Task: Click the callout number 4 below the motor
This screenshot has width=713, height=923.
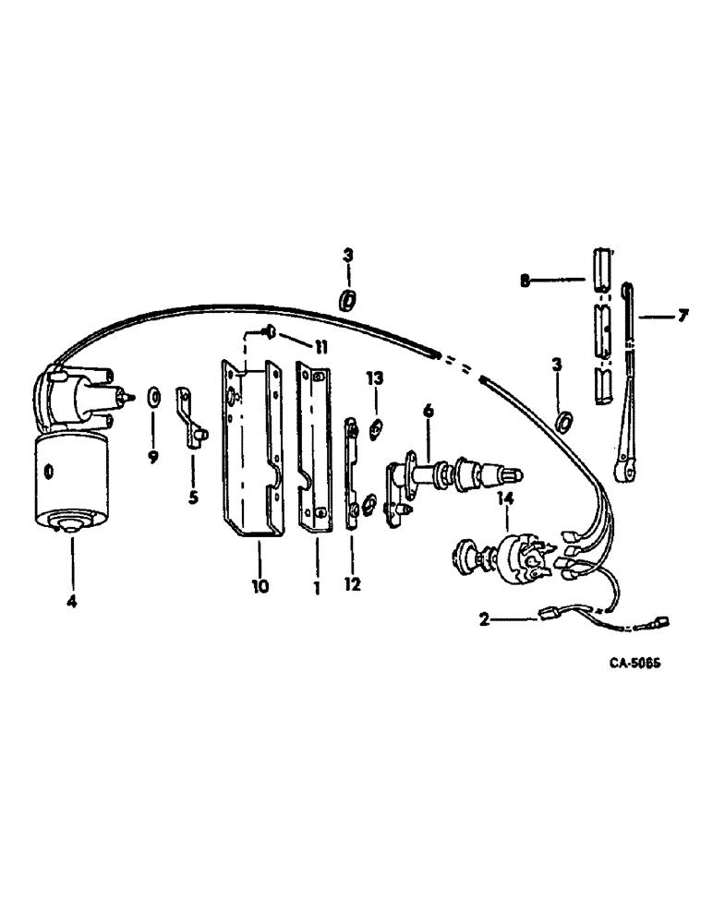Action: pyautogui.click(x=71, y=577)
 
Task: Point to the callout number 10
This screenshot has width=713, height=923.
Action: pyautogui.click(x=260, y=584)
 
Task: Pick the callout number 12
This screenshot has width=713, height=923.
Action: pyautogui.click(x=354, y=584)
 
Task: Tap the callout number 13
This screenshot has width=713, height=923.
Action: pyautogui.click(x=375, y=379)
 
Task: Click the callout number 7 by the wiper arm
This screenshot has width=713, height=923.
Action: pyautogui.click(x=682, y=317)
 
